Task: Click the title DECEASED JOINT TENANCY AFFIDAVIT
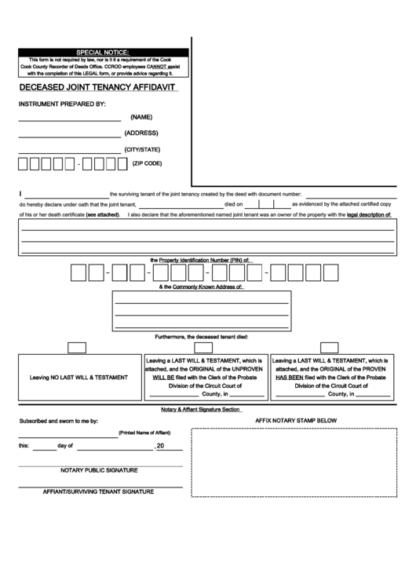coord(97,88)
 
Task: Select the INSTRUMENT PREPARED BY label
coord(62,104)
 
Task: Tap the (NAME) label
coord(141,117)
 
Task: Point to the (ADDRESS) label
coord(141,133)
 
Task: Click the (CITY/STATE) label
coord(142,148)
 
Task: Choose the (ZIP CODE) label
coord(147,163)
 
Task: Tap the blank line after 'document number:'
coord(349,193)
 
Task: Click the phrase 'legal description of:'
coord(370,214)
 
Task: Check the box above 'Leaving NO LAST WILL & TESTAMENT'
coord(77,347)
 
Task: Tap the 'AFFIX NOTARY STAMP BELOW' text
coord(296,421)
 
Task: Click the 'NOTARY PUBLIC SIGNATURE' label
coord(99,469)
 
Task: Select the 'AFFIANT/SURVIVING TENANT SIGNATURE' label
coord(98,491)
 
